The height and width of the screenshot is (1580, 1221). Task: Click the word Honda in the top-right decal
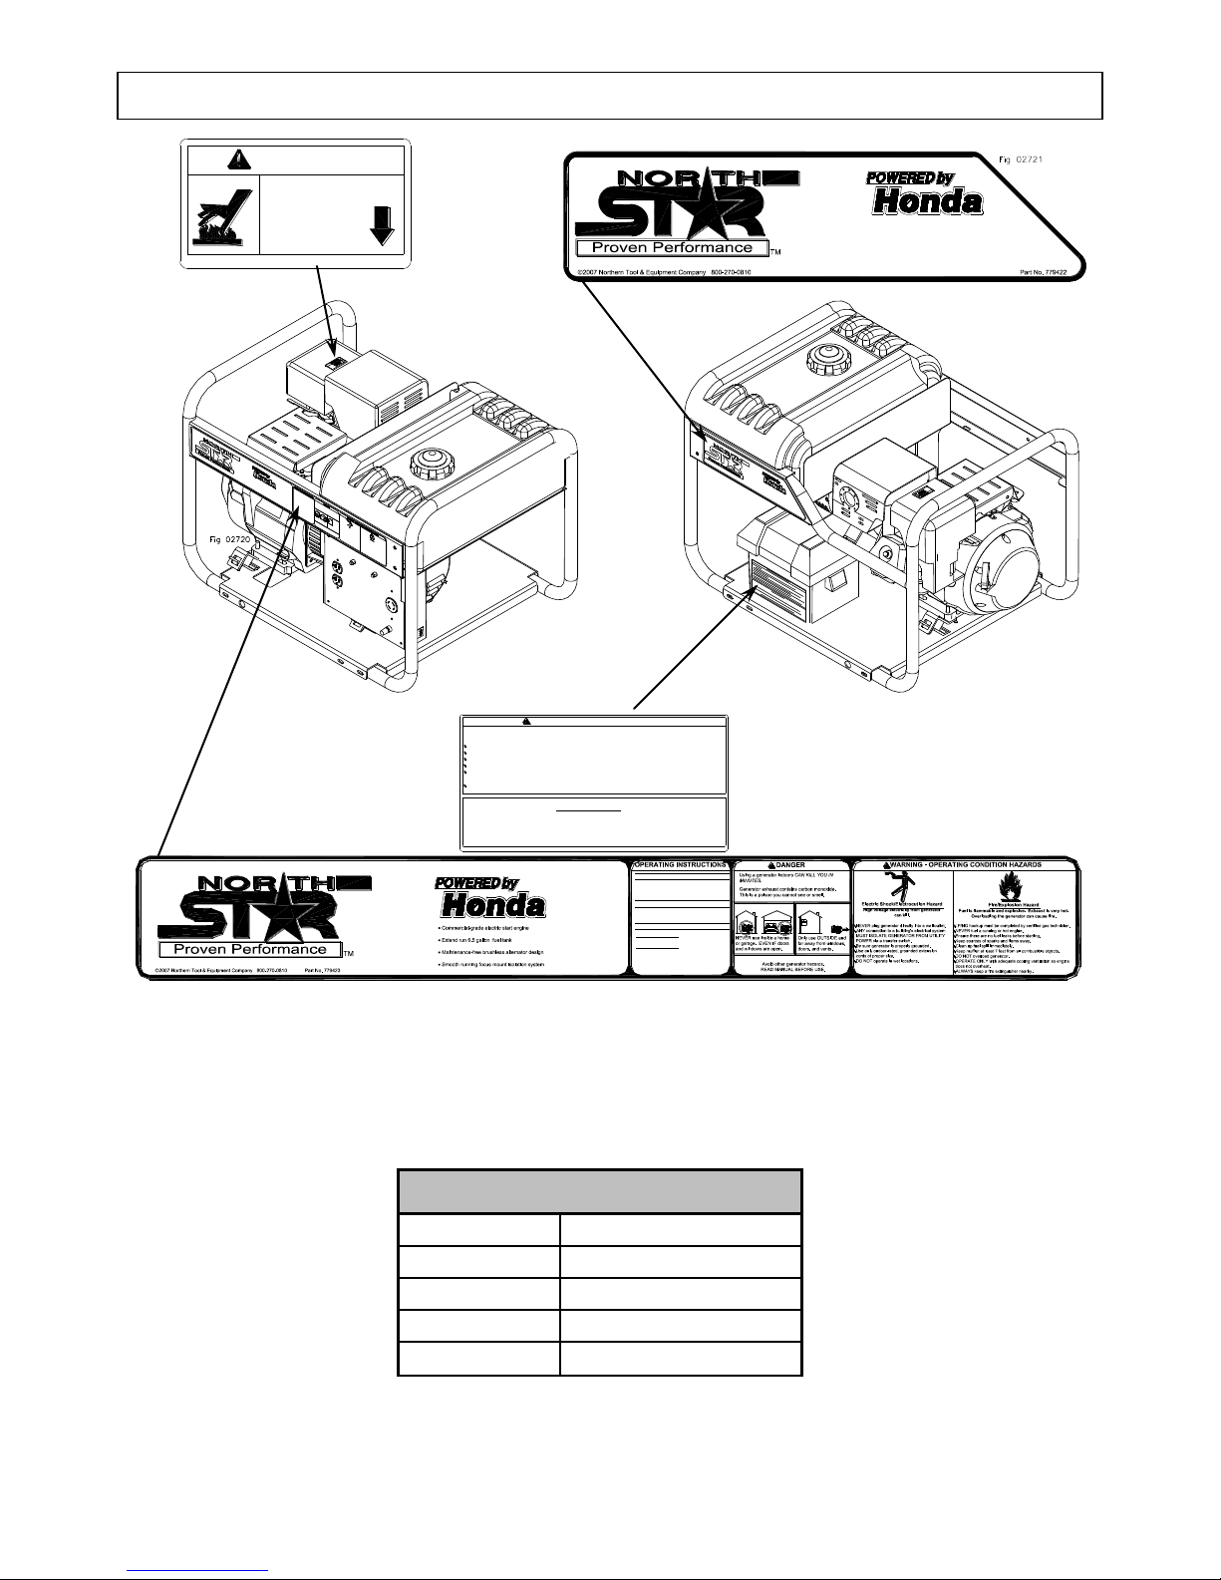(927, 202)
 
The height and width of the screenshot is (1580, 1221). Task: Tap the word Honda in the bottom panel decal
(493, 906)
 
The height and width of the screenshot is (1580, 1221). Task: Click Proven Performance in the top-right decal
(672, 247)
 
